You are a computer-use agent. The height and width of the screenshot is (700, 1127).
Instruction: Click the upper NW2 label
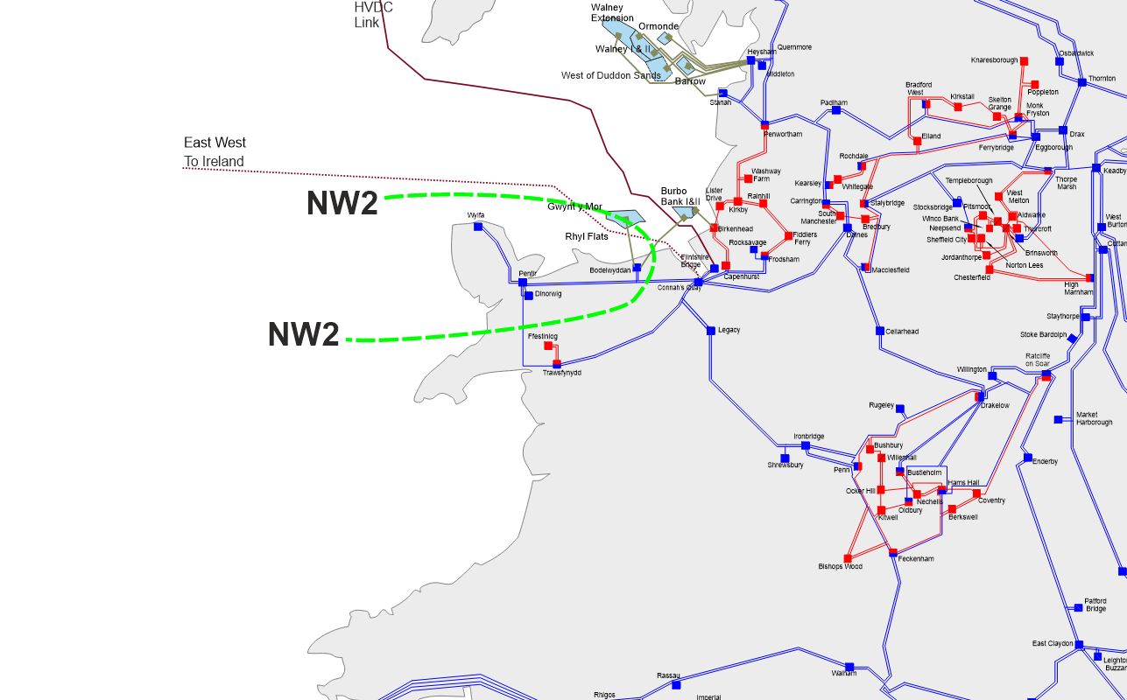(x=342, y=203)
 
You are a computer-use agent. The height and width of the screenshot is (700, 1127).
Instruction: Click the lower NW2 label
(x=303, y=334)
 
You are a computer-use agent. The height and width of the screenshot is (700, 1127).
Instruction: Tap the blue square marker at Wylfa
(x=478, y=227)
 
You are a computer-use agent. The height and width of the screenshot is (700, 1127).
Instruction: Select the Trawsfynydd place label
(x=561, y=373)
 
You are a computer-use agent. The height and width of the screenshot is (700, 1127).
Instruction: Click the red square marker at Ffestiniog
(x=548, y=346)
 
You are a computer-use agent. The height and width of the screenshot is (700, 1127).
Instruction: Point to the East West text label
(x=215, y=143)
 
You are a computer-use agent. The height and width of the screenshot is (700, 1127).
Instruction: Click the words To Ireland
(x=214, y=162)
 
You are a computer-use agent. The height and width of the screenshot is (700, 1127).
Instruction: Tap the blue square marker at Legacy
(x=711, y=330)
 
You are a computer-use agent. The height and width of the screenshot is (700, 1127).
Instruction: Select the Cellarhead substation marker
(x=880, y=331)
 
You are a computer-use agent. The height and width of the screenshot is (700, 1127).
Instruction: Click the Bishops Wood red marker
(x=847, y=558)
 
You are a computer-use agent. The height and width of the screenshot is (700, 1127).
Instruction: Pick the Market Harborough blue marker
(x=1058, y=419)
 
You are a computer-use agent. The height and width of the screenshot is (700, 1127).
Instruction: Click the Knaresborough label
(x=994, y=60)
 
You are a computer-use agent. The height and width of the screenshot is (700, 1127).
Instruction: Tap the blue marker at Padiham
(x=835, y=110)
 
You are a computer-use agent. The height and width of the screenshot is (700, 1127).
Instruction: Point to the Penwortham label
(x=782, y=135)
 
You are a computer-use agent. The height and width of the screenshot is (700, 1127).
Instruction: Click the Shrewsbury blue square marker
(x=785, y=458)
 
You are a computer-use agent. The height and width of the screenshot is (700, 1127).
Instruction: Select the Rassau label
(x=668, y=675)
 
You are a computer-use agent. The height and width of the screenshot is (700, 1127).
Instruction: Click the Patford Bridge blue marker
(x=1078, y=607)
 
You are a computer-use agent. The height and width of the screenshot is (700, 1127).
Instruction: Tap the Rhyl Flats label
(x=587, y=237)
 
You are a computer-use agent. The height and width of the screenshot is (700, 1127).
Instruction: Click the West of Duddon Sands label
(x=611, y=76)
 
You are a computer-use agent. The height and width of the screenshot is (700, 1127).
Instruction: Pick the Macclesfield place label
(x=891, y=270)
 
